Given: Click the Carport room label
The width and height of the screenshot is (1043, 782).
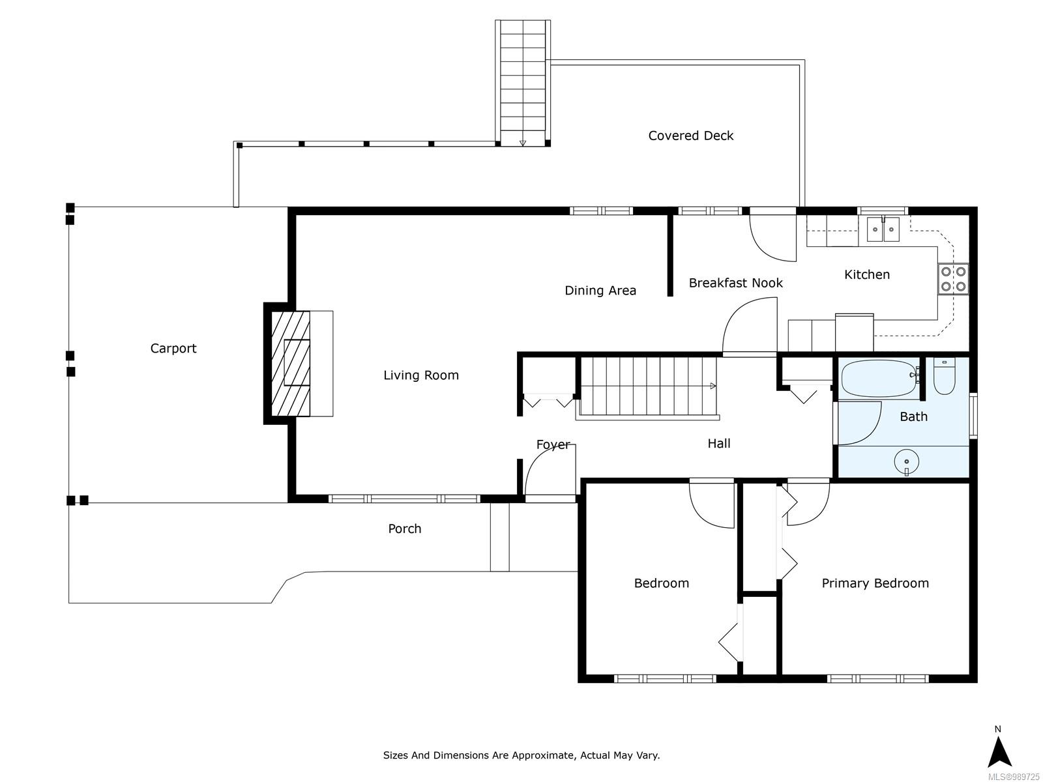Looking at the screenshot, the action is (x=173, y=348).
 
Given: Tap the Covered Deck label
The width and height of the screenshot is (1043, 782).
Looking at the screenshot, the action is (x=690, y=136).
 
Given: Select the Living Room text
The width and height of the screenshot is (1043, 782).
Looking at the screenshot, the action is (x=421, y=375).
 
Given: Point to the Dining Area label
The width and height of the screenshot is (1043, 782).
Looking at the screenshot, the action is (x=600, y=291).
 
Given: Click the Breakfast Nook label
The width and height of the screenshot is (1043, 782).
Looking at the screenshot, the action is (x=735, y=283).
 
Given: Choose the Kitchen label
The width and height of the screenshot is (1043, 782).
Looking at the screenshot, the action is (x=867, y=274).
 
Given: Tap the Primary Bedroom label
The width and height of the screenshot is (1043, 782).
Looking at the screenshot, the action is (x=875, y=583).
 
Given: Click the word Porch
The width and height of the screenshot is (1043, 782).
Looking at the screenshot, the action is (x=404, y=529).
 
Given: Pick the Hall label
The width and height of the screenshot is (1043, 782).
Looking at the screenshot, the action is (x=719, y=444).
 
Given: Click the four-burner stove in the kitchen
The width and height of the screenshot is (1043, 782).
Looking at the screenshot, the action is (x=953, y=279).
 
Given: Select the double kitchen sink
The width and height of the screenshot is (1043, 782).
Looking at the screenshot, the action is (x=883, y=229).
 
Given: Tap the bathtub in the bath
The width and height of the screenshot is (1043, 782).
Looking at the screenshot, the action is (x=879, y=379).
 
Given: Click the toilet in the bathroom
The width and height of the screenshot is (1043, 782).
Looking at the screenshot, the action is (x=944, y=376).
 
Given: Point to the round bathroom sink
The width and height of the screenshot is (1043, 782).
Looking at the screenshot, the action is (x=906, y=461).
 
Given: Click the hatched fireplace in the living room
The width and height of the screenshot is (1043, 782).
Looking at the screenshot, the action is (x=290, y=364).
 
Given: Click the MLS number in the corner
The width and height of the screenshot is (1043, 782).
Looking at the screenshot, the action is (x=1014, y=777).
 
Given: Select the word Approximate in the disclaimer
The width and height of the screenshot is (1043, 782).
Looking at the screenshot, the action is (x=546, y=755).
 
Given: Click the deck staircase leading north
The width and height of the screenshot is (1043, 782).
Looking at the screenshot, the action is (x=523, y=83).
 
